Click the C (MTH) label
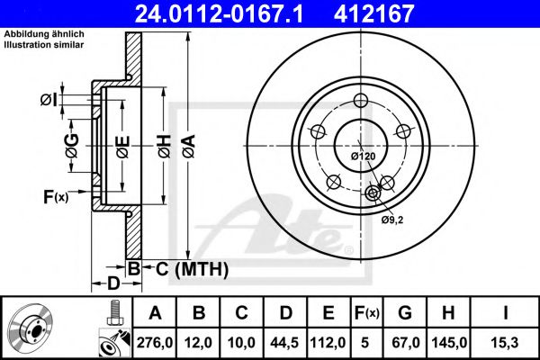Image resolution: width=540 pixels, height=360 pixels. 184,269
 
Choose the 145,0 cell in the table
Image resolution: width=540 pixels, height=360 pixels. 450,340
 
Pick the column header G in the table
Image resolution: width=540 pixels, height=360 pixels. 405,313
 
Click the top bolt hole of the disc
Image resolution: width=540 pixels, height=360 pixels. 361,101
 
